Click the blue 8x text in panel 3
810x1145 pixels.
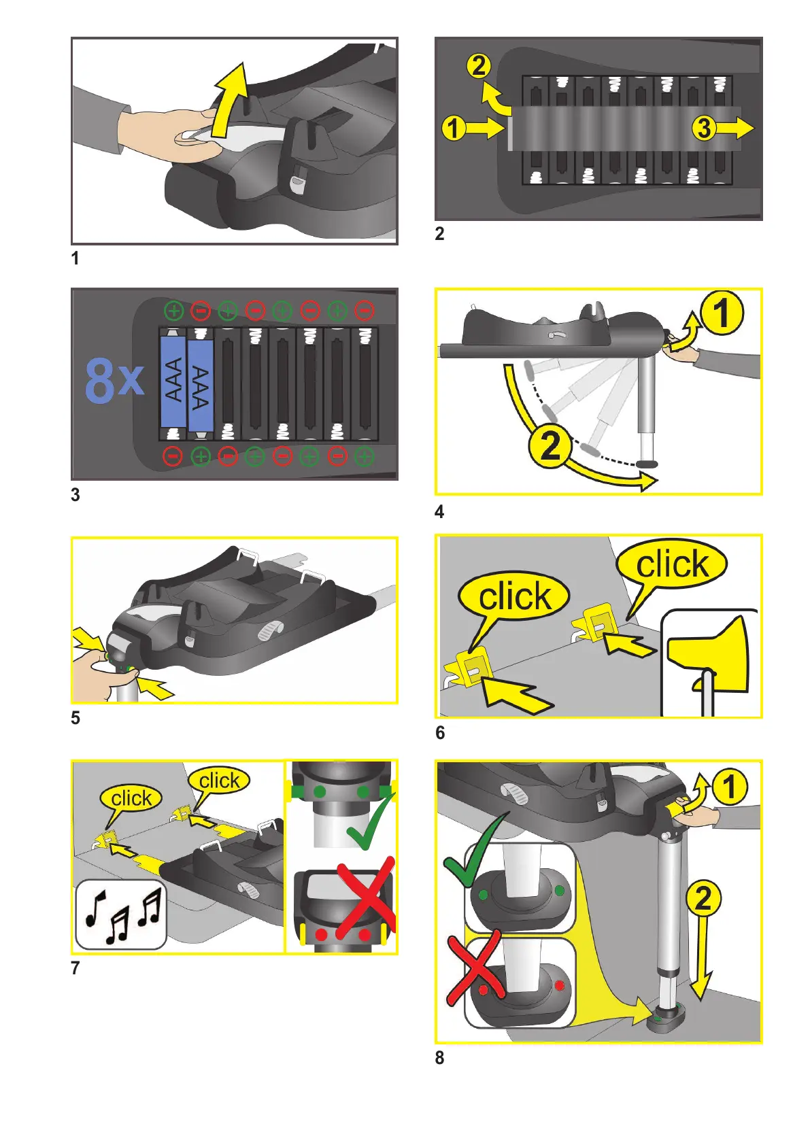(x=114, y=381)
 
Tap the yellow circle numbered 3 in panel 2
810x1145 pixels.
(x=704, y=128)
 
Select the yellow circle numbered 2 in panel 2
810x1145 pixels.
(x=479, y=67)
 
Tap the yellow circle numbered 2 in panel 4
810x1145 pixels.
(x=550, y=445)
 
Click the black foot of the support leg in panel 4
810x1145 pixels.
(x=647, y=464)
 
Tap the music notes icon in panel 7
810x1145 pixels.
(x=121, y=914)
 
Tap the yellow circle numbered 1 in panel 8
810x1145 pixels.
(x=730, y=787)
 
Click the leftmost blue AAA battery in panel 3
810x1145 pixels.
(x=173, y=381)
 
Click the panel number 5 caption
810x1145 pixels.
(x=75, y=718)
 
